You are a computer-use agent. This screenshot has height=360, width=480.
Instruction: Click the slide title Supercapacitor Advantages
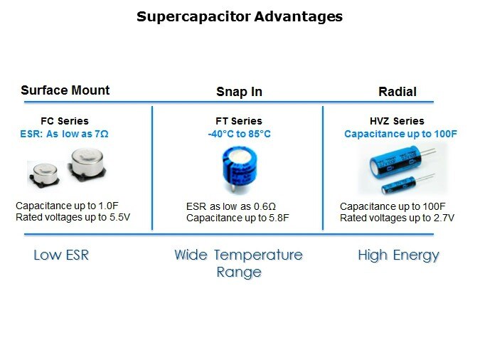[x=240, y=17]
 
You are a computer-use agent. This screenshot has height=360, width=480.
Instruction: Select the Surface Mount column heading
[x=65, y=90]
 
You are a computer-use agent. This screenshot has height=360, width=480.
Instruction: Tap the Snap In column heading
[x=239, y=92]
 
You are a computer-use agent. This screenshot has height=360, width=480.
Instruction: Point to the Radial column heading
[x=398, y=92]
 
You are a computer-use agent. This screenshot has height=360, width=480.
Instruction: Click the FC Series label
[x=65, y=121]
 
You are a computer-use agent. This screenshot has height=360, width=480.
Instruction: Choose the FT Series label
[x=239, y=121]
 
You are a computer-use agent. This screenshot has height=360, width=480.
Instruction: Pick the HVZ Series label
[x=397, y=121]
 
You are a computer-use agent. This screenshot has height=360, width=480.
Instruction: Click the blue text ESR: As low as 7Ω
[x=64, y=134]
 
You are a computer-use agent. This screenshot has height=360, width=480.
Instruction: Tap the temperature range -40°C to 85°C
[x=239, y=134]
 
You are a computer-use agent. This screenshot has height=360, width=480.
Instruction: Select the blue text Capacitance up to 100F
[x=400, y=134]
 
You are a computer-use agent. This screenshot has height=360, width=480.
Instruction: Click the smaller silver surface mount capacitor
[x=44, y=174]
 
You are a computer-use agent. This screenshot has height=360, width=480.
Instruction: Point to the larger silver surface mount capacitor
[x=87, y=164]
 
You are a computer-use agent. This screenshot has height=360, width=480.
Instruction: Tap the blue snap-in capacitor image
[x=240, y=169]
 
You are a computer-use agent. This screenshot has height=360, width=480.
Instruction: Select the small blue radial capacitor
[x=407, y=184]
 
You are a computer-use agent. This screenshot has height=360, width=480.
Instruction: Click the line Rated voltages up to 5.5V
[x=73, y=217]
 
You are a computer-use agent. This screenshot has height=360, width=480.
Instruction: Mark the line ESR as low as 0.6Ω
[x=231, y=206]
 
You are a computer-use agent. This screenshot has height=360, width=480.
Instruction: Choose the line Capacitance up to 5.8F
[x=238, y=218]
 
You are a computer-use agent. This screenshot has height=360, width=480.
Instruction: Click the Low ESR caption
[x=61, y=255]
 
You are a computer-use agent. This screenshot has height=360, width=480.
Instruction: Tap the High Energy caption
[x=398, y=256]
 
